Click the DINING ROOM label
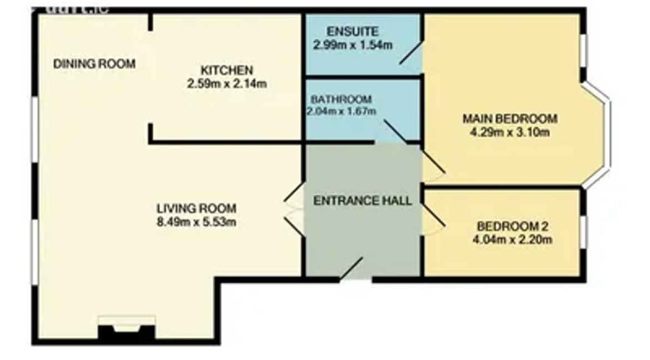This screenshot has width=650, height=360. pyautogui.click(x=94, y=64)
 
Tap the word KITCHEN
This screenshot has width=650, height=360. pyautogui.click(x=227, y=71)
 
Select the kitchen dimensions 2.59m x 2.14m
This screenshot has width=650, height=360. pyautogui.click(x=227, y=84)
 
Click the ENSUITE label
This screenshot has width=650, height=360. pyautogui.click(x=352, y=31)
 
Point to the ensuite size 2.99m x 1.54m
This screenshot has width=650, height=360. pyautogui.click(x=352, y=45)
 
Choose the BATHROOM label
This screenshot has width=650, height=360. pyautogui.click(x=341, y=99)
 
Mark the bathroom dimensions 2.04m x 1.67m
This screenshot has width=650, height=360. pyautogui.click(x=341, y=112)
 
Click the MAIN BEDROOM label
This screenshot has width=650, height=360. pyautogui.click(x=509, y=118)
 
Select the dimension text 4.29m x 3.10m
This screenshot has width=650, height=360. pyautogui.click(x=509, y=132)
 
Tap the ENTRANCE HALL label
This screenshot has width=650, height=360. pyautogui.click(x=362, y=201)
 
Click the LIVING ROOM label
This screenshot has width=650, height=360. pyautogui.click(x=196, y=209)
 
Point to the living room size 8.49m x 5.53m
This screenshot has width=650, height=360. pyautogui.click(x=196, y=223)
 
